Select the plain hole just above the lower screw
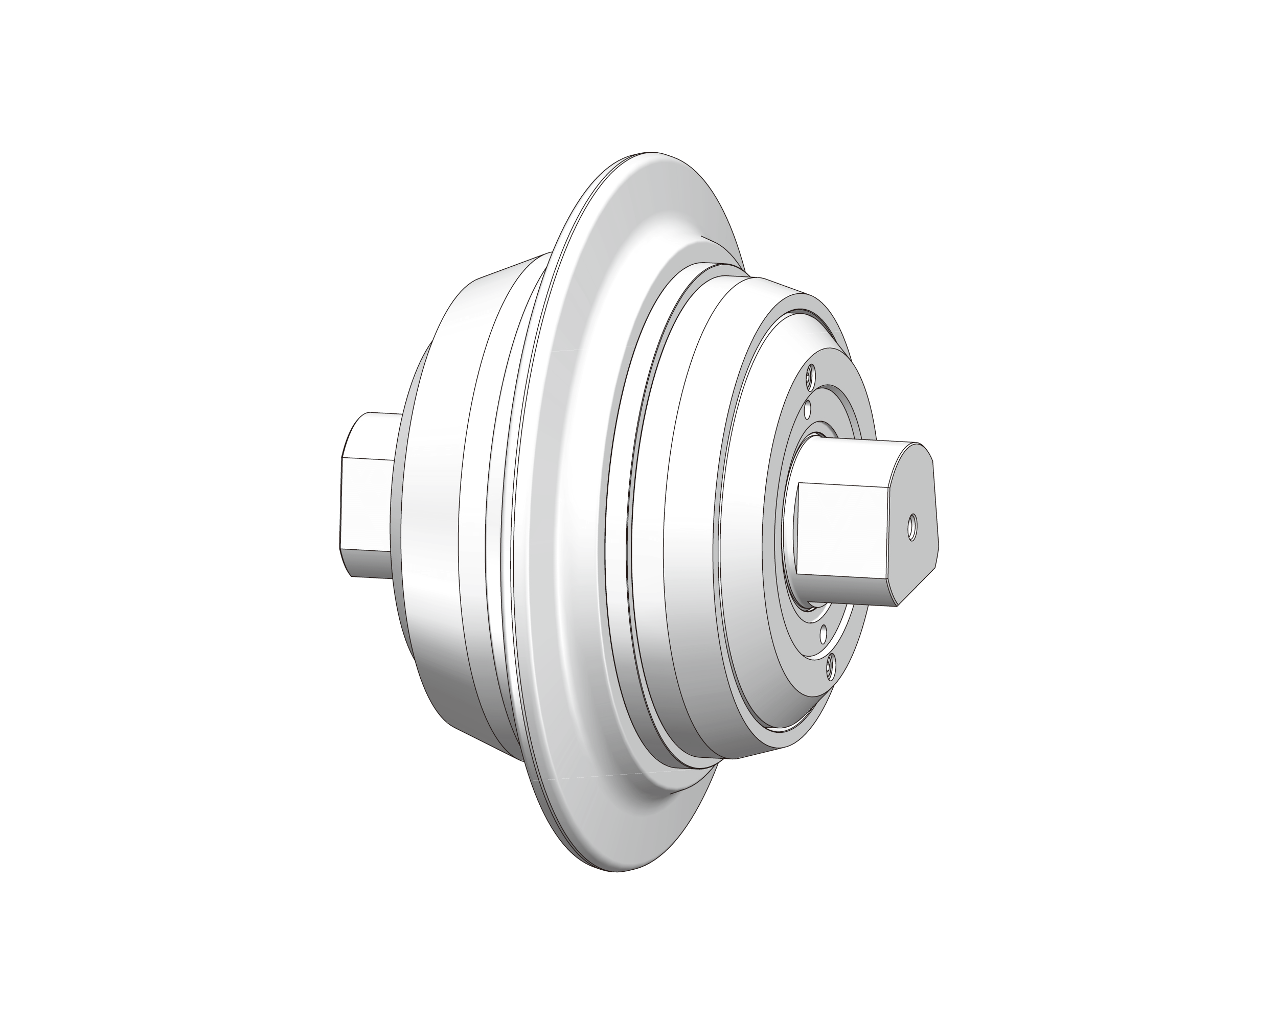point(823,632)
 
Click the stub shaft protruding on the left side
point(364,495)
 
